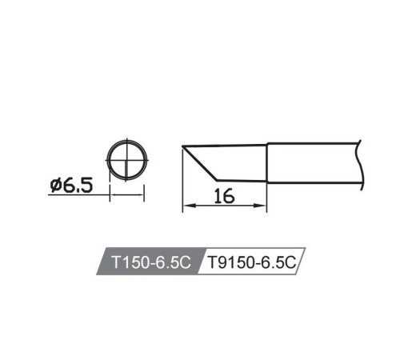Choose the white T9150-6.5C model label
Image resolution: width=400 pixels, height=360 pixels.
251,262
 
